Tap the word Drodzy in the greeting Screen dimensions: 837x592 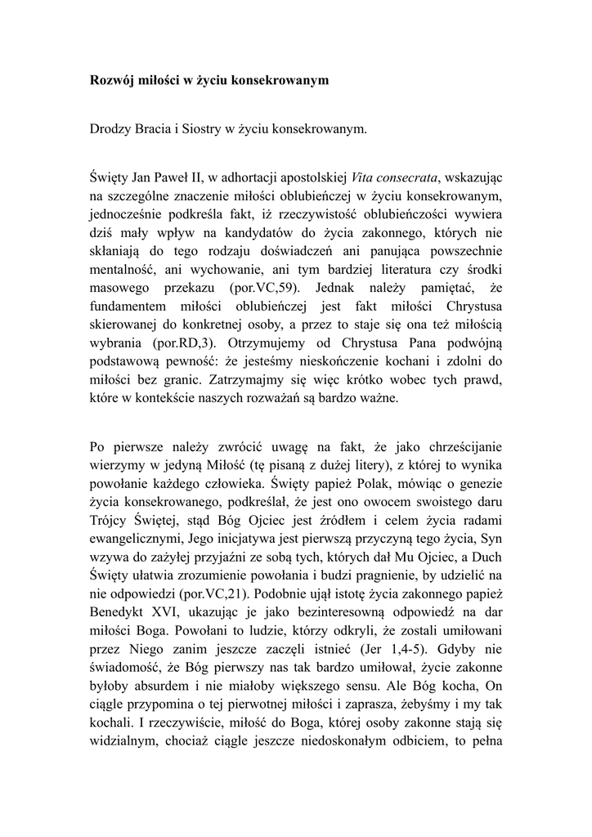coord(111,129)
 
